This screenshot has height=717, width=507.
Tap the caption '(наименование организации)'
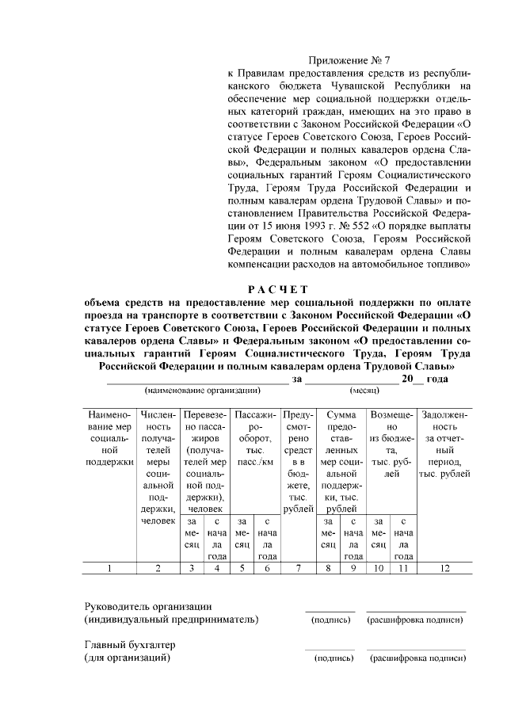[x=202, y=391]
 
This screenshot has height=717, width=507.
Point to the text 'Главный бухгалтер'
[x=129, y=645]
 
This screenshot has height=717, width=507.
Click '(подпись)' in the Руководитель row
[x=332, y=620]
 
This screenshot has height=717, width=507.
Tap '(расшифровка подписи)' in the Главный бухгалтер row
[x=416, y=658]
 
